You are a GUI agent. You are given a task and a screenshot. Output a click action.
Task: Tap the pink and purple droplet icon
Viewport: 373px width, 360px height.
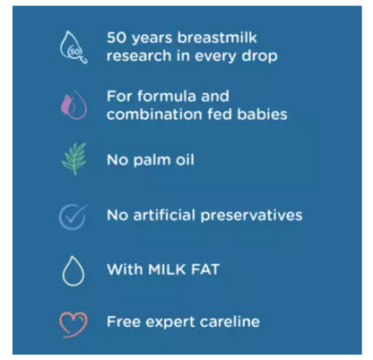(74, 106)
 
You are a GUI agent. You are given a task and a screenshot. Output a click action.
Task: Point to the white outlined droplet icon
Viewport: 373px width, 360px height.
(74, 271)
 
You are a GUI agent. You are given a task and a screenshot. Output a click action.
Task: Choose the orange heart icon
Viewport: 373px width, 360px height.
(74, 323)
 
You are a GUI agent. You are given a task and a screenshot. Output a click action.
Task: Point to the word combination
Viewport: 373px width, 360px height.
(152, 115)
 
